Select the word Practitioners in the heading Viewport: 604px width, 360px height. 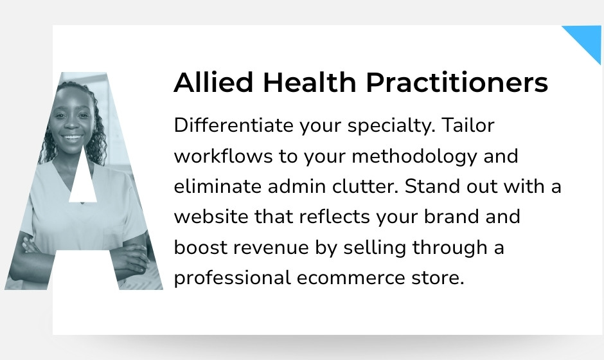[457, 83]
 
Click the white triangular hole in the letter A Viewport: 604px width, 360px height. [83, 183]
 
